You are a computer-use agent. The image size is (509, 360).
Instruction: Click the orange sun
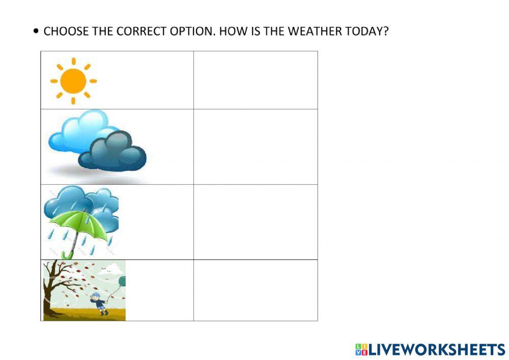[x=73, y=81]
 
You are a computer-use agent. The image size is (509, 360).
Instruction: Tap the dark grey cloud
[x=113, y=151]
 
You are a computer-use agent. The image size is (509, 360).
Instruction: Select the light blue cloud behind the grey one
[x=76, y=130]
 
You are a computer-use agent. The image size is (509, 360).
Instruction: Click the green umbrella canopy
[x=79, y=224]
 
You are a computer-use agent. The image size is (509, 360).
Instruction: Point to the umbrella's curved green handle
[x=65, y=254]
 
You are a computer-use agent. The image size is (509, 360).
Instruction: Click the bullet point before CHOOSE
[x=35, y=31]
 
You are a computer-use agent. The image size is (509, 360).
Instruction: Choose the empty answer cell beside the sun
[x=256, y=80]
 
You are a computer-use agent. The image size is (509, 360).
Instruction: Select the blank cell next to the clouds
[x=256, y=147]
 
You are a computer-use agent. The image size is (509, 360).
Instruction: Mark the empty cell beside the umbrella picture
[x=256, y=222]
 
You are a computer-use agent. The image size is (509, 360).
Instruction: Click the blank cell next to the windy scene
[x=256, y=290]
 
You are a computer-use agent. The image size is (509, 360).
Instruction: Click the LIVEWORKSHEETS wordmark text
[x=437, y=349]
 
